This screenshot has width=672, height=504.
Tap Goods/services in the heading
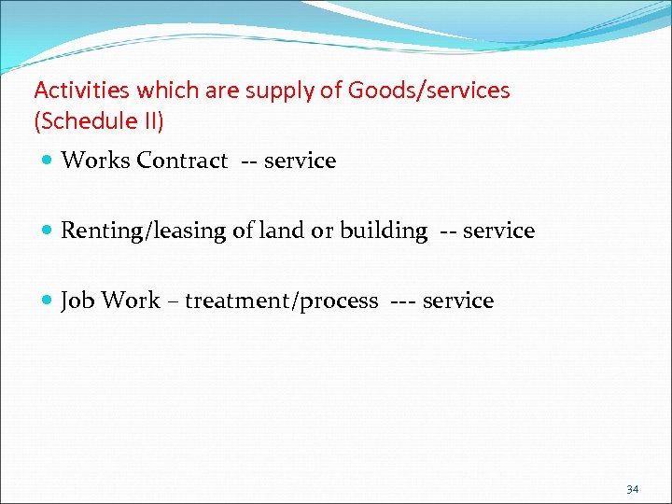429,91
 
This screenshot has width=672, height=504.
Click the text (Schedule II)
98,122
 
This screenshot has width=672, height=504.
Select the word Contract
182,161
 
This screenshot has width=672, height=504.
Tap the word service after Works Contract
300,161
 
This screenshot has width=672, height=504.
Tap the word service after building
499,231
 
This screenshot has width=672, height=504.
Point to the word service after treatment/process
457,301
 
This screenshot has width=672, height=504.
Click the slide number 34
632,489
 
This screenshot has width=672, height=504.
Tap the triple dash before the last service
400,301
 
